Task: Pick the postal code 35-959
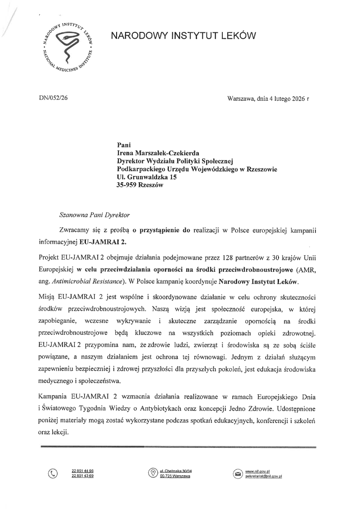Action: (x=126, y=185)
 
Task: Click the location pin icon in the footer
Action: (x=153, y=473)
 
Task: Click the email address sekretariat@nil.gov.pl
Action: (x=263, y=476)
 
